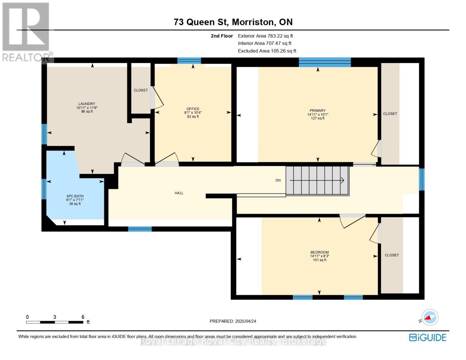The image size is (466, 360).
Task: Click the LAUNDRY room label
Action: pos(86,103)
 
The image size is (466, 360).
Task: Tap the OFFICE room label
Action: pos(193,109)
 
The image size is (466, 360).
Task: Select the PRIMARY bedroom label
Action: pos(317,110)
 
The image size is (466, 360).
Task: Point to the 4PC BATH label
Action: pos(75,196)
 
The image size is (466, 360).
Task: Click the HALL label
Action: pos(179,193)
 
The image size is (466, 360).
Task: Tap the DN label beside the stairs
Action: pos(278,180)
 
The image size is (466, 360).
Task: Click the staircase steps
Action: pos(317,181)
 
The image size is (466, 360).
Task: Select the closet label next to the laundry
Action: pos(141,90)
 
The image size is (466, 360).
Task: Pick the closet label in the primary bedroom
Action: pos(390,114)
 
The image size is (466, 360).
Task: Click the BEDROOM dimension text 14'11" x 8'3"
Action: pos(319,256)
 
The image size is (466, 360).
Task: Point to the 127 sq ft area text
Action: pos(317,118)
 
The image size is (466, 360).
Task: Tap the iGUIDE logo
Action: pos(427,337)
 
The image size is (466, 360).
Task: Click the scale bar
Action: pos(55,322)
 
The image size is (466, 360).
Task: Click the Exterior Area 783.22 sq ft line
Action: pos(265,36)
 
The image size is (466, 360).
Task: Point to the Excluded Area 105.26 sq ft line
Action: pos(267,51)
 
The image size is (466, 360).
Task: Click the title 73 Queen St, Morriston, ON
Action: pos(233,22)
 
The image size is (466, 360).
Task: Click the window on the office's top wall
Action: pos(189,61)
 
